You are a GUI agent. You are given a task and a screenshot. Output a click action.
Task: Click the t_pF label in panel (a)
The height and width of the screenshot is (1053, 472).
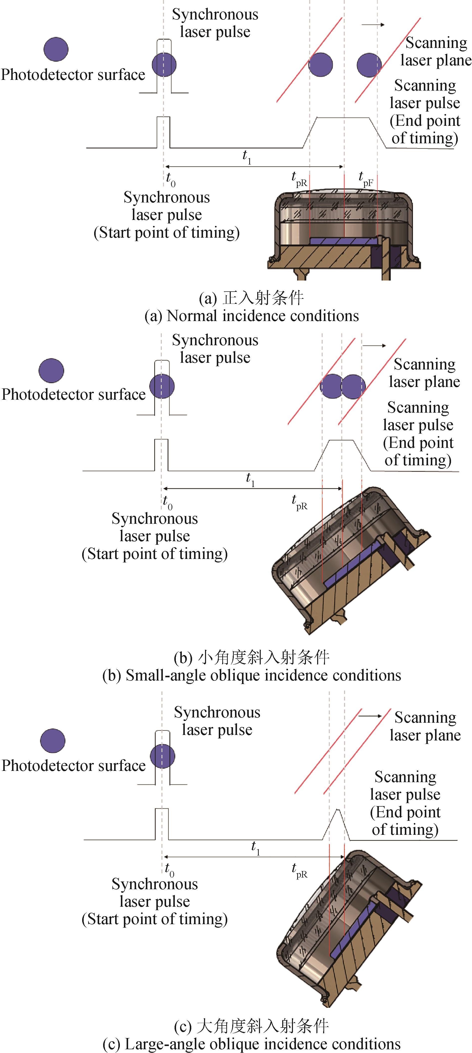pos(365,179)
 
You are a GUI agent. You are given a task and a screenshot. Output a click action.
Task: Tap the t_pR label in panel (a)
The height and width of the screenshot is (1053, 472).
pos(299,179)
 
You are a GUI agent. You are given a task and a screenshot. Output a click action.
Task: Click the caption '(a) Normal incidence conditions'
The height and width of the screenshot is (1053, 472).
pos(251,316)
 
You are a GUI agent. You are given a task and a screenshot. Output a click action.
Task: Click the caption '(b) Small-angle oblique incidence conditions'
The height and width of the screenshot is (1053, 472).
pos(251,675)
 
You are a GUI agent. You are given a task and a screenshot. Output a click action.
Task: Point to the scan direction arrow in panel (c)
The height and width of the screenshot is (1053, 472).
pos(370,716)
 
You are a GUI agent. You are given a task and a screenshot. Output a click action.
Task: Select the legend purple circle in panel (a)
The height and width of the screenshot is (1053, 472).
pos(56,49)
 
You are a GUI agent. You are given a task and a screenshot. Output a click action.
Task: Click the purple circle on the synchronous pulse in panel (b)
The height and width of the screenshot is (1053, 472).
pos(162,386)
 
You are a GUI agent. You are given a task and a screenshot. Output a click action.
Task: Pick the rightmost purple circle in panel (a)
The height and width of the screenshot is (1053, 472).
pos(369,65)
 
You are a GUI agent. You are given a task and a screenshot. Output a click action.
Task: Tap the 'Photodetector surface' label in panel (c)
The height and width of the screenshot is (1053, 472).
pos(74,766)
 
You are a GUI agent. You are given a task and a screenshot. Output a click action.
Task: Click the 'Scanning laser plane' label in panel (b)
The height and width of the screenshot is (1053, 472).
pos(424,373)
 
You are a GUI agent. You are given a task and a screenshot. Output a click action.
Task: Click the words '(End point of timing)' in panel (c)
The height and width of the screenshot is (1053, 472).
pos(405,821)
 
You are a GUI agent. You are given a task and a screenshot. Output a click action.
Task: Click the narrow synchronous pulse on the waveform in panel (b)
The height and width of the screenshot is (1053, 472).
pos(161,454)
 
